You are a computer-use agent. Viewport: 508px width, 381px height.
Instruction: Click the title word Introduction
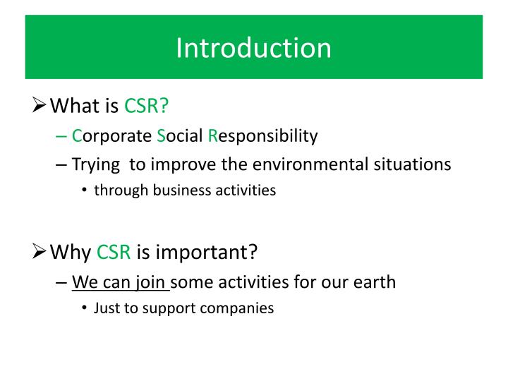point(253,48)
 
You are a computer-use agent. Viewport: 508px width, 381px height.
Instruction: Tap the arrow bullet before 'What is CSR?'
point(41,106)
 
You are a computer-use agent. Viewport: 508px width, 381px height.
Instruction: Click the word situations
point(411,164)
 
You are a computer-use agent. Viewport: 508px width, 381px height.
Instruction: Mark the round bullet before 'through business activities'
point(85,190)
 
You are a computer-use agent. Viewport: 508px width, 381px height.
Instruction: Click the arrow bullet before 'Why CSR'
point(41,252)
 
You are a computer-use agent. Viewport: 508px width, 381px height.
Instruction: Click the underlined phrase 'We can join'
point(120,282)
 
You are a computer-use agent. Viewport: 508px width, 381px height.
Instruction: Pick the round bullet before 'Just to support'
point(85,308)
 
